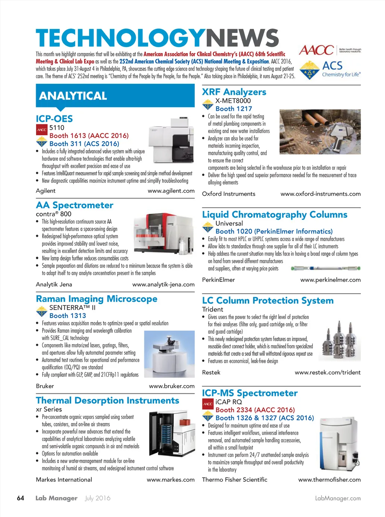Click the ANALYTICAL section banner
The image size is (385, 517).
115,96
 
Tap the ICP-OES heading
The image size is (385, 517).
54,119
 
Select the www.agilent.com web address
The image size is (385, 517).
171,191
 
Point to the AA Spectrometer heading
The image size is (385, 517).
74,205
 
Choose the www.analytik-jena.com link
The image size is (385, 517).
163,284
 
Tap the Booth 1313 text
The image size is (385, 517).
68,316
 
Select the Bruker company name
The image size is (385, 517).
45,386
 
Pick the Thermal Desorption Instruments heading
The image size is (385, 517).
108,401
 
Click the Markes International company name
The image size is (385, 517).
64,479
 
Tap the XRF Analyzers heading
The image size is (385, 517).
234,92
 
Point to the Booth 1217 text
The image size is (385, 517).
233,109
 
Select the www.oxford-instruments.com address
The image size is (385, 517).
320,194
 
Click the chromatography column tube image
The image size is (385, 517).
326,268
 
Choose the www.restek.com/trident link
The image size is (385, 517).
327,372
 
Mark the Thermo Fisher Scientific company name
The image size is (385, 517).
235,479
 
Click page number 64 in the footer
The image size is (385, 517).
21,498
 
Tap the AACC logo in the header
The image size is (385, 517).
317,50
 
